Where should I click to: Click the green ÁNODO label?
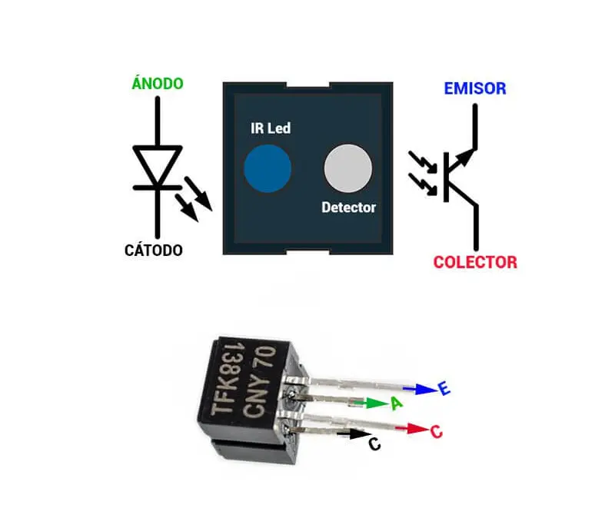[158, 84]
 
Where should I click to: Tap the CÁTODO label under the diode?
[154, 251]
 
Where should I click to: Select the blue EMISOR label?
[475, 88]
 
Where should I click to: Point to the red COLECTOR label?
[475, 262]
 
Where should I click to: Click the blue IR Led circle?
[268, 167]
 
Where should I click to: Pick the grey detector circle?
[347, 168]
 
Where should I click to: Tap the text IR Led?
[271, 128]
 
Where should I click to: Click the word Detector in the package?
[348, 208]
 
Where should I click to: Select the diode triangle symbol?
[158, 166]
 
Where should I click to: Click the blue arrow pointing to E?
[420, 390]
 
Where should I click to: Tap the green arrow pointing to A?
[376, 403]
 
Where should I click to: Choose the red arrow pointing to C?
[417, 429]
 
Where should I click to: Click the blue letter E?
[444, 390]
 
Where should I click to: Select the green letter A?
[397, 403]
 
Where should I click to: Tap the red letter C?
[437, 432]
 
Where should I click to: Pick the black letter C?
[374, 444]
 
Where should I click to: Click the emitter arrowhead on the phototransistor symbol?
[465, 157]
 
